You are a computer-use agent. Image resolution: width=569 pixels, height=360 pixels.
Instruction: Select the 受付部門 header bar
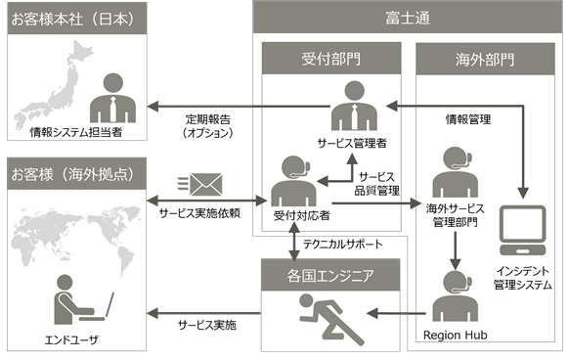327,59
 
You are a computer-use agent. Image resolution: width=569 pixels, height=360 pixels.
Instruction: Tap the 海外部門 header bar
485,59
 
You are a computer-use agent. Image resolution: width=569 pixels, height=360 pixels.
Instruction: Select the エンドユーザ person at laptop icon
77,298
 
